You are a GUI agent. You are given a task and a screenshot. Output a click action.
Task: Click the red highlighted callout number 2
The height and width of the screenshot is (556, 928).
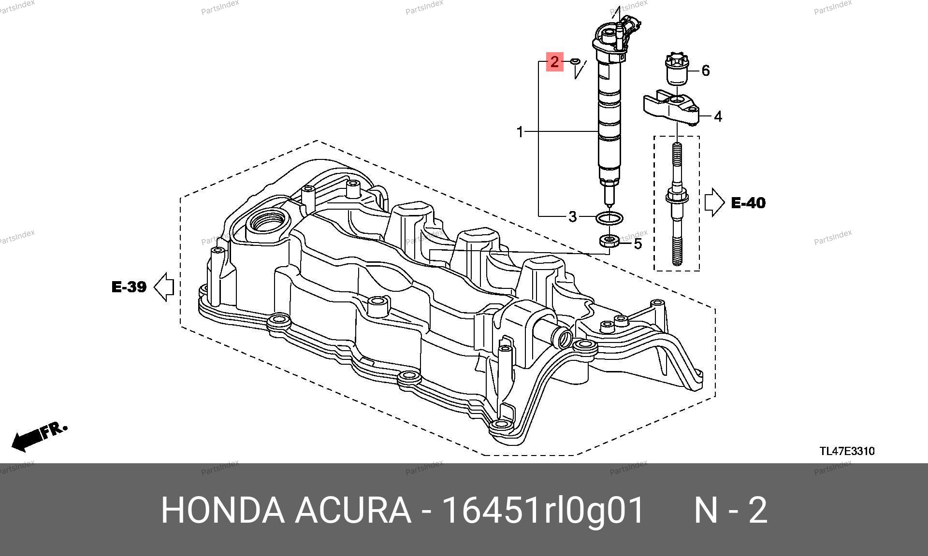pos(554,61)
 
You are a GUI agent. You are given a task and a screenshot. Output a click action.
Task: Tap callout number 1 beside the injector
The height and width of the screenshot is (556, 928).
pos(520,131)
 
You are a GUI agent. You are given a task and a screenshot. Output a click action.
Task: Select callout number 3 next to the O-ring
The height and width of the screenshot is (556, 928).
pos(572,216)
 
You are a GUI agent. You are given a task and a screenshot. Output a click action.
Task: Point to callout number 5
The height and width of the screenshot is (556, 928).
pos(638,244)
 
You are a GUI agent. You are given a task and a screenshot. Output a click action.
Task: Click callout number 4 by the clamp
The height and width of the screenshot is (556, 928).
pos(718,116)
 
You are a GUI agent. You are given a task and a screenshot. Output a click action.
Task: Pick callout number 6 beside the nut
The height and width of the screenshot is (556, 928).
pos(705,71)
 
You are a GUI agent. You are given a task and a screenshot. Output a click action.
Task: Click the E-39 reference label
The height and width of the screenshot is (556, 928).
pos(129,287)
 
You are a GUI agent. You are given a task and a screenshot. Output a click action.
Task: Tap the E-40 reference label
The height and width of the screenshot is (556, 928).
pos(748,203)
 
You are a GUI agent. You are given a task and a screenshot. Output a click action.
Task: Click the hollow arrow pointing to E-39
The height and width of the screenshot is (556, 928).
pos(164,287)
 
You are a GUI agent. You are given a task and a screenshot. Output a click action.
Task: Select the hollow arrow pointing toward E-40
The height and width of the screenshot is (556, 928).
pos(714,202)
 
